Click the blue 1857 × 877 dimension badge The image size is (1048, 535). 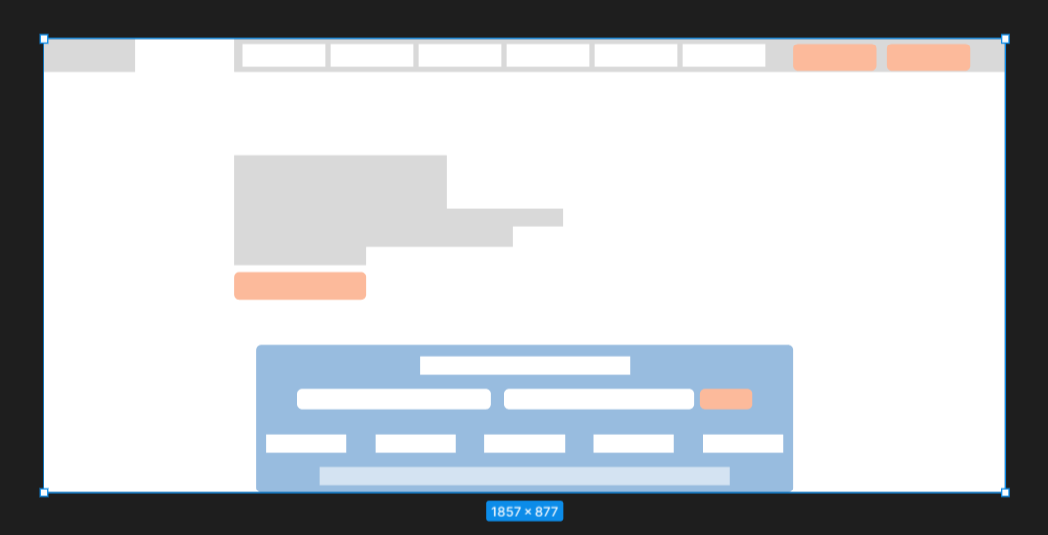[525, 511]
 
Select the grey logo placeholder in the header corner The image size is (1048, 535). [90, 55]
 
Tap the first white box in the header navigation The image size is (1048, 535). [284, 55]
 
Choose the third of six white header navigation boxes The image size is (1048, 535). [460, 55]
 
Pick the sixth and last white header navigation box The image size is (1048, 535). [724, 55]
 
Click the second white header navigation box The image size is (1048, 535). [373, 55]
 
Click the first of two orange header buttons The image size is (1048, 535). [834, 57]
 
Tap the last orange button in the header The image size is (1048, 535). [928, 57]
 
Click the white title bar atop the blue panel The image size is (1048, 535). [525, 365]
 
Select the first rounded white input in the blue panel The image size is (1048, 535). [393, 400]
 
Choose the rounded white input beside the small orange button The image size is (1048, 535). [599, 400]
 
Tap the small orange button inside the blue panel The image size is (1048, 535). [726, 400]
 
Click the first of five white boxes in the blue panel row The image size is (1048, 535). [306, 443]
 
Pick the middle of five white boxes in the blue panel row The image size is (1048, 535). [525, 443]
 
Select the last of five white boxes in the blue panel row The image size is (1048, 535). [742, 443]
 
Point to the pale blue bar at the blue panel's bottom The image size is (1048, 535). [525, 476]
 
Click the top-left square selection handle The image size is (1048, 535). [44, 39]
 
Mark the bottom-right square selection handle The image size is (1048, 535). [1005, 492]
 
